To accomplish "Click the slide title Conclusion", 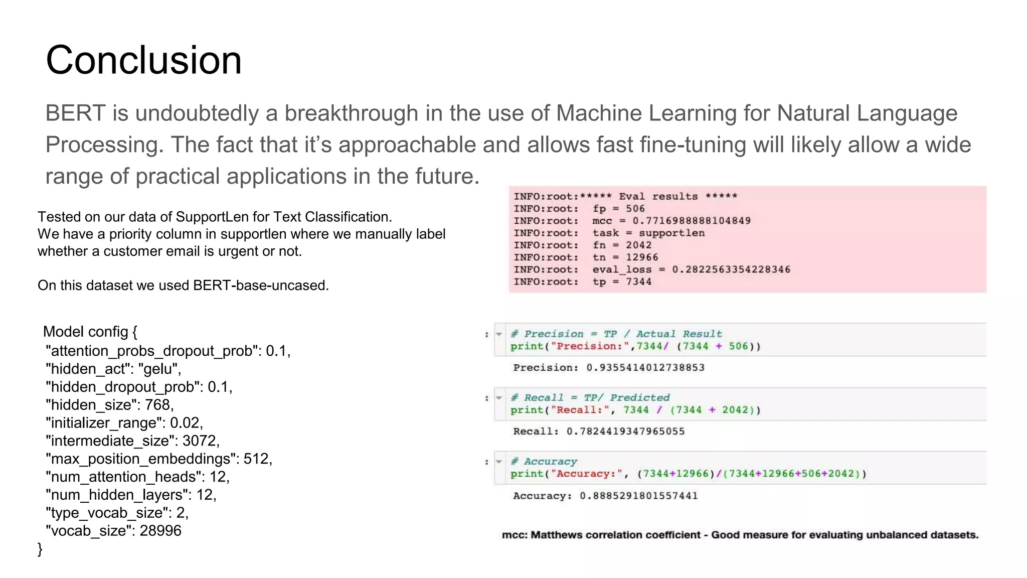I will pyautogui.click(x=143, y=60).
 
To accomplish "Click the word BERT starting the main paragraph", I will pyautogui.click(x=75, y=113).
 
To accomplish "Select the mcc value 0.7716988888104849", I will pyautogui.click(x=691, y=221).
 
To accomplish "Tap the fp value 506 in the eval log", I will pyautogui.click(x=635, y=209).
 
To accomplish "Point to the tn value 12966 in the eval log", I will pyautogui.click(x=642, y=257).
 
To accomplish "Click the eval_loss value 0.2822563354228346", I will pyautogui.click(x=731, y=269).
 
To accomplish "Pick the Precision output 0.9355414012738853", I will pyautogui.click(x=645, y=368).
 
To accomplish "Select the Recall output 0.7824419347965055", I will pyautogui.click(x=625, y=431).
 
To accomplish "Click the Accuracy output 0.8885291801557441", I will pyautogui.click(x=638, y=496).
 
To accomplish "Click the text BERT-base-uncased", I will pyautogui.click(x=260, y=285).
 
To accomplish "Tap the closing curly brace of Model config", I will pyautogui.click(x=40, y=549).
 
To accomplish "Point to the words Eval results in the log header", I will pyautogui.click(x=658, y=196).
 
